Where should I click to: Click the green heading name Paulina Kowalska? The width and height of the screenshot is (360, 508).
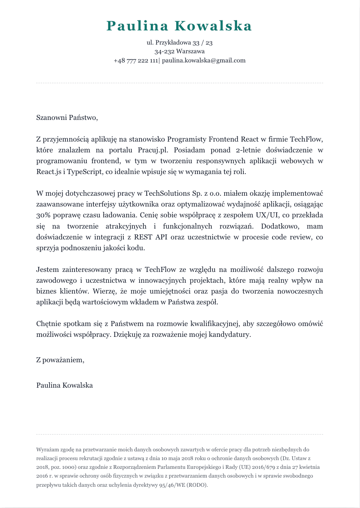180,26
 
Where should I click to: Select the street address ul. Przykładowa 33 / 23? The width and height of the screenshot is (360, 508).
180,43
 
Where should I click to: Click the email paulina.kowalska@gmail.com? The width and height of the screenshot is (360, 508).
204,60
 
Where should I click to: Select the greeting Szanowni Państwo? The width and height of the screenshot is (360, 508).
67,117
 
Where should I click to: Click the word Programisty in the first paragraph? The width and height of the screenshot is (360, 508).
188,139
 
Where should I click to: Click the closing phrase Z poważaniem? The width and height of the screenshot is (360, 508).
60,360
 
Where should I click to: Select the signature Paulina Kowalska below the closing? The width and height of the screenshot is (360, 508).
65,385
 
